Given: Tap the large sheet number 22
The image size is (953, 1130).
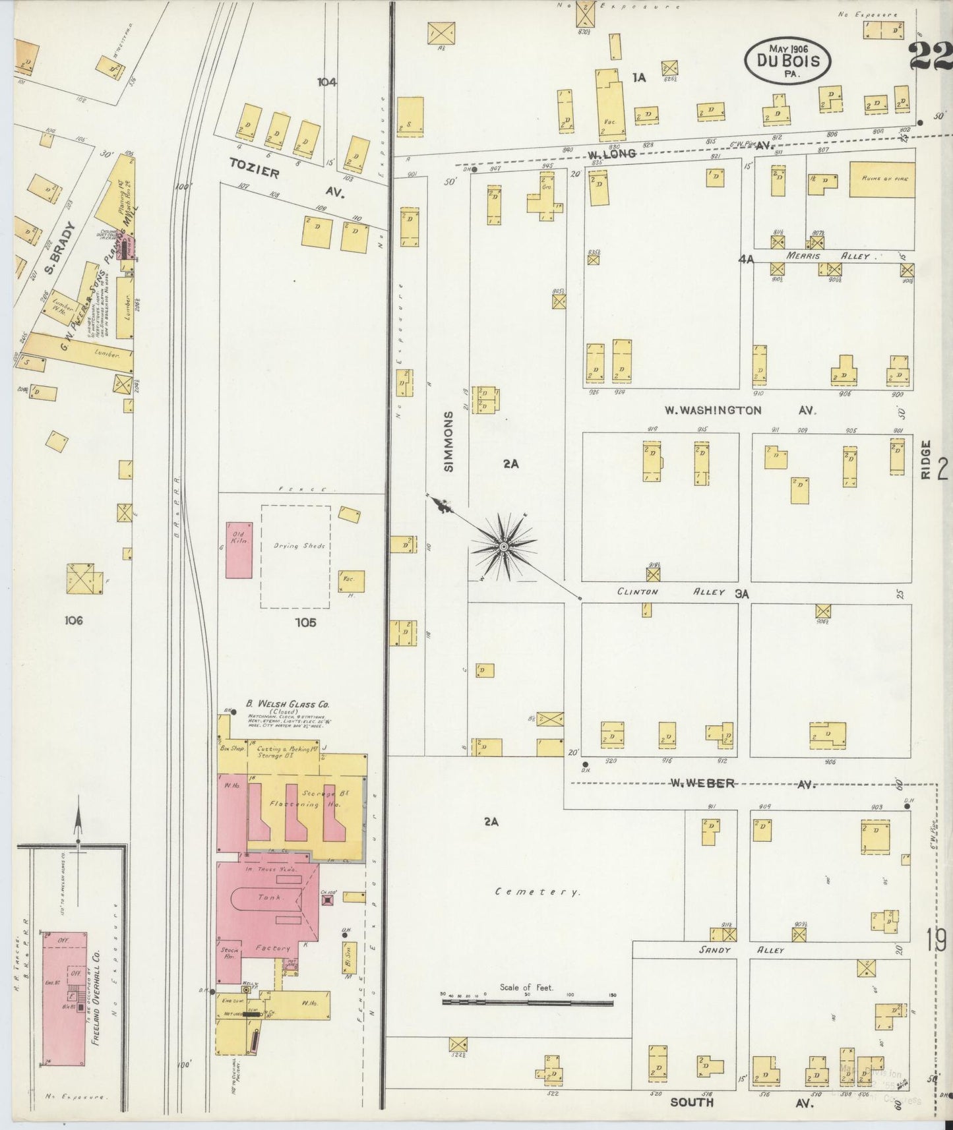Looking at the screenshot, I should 930,56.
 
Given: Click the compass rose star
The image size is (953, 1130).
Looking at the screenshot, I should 503,547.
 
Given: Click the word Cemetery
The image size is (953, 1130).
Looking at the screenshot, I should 538,892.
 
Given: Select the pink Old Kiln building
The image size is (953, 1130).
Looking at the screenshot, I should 239,550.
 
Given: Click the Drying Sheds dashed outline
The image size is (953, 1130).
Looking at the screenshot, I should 295,556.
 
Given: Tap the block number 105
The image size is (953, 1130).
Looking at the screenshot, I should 306,622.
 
